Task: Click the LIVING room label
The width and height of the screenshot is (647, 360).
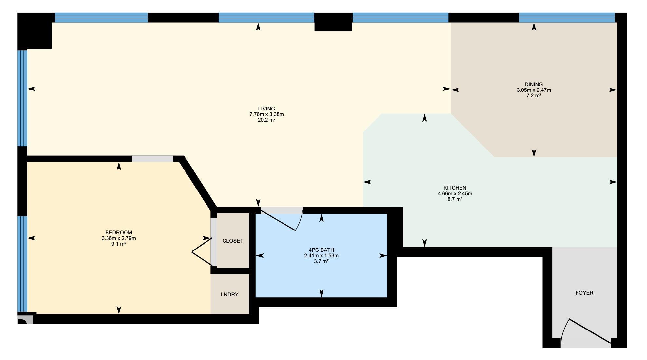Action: click(266, 109)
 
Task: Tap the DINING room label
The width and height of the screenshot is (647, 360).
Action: click(534, 84)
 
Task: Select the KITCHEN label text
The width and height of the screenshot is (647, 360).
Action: click(455, 188)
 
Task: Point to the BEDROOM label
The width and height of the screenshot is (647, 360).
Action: click(119, 232)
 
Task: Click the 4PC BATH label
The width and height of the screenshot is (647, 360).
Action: click(321, 250)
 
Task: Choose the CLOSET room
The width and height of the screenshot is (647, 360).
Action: click(233, 241)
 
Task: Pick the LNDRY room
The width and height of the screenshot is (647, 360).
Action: click(230, 294)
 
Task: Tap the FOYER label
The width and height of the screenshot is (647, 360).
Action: click(584, 293)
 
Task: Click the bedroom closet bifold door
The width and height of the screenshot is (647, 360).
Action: click(202, 252)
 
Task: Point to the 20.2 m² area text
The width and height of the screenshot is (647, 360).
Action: click(266, 120)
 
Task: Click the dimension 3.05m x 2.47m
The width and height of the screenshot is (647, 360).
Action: click(534, 90)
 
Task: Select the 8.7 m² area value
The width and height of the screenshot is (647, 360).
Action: click(455, 199)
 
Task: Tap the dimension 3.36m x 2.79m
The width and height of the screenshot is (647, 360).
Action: click(119, 238)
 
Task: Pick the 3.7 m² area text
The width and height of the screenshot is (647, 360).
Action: click(321, 261)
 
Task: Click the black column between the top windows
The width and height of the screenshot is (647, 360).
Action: click(333, 22)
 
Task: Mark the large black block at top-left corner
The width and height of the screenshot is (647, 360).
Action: click(35, 31)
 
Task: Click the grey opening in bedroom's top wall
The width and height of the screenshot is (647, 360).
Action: click(152, 159)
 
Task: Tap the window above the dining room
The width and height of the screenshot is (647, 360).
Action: click(567, 18)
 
